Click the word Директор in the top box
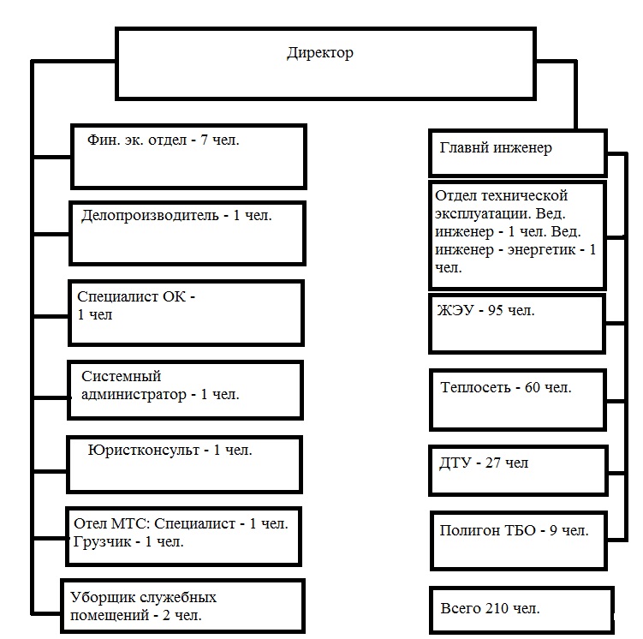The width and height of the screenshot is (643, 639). (x=320, y=53)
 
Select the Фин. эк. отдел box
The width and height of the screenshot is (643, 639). (x=188, y=157)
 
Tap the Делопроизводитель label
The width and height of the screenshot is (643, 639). (x=150, y=215)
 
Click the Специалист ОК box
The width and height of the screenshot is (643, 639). (x=186, y=314)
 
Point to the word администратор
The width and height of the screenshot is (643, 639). (x=134, y=395)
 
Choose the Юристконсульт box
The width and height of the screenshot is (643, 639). (x=184, y=464)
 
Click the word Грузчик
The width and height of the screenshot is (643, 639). (x=102, y=542)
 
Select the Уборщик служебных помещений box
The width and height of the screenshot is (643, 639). (x=183, y=606)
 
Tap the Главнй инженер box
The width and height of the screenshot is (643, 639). (x=517, y=153)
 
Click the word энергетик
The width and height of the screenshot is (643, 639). (x=541, y=250)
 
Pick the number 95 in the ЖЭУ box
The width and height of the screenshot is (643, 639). (x=496, y=310)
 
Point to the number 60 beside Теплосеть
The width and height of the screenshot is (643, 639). (x=533, y=387)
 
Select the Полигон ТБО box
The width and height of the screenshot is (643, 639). (x=519, y=540)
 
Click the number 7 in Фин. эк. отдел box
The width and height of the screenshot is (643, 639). (x=204, y=140)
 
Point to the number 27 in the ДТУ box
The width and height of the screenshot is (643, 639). (x=493, y=463)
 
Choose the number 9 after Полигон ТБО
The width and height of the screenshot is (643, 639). (x=553, y=530)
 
